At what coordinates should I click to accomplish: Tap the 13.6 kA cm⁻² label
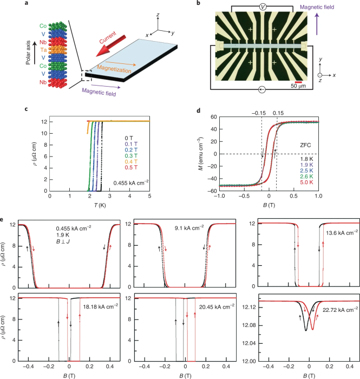[x=340, y=233]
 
